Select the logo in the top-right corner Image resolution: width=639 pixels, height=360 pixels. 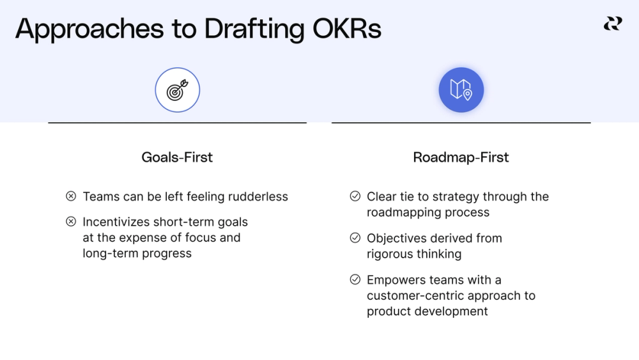[x=612, y=24]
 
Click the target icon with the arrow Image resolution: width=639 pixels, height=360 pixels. [x=178, y=90]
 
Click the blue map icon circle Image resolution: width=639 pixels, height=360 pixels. [x=461, y=90]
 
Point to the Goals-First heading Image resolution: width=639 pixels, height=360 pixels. [x=177, y=157]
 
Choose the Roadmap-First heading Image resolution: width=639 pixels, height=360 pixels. [x=461, y=157]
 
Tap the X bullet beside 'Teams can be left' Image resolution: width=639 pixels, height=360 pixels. [x=71, y=196]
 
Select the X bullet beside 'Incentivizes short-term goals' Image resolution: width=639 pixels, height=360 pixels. [x=71, y=222]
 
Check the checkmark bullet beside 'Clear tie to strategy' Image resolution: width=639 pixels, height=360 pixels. [x=355, y=196]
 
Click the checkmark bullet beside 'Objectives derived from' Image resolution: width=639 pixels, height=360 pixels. [x=355, y=238]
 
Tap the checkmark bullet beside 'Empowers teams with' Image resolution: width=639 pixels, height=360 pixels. [x=355, y=279]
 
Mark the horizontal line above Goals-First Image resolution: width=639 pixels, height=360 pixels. [x=177, y=123]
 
